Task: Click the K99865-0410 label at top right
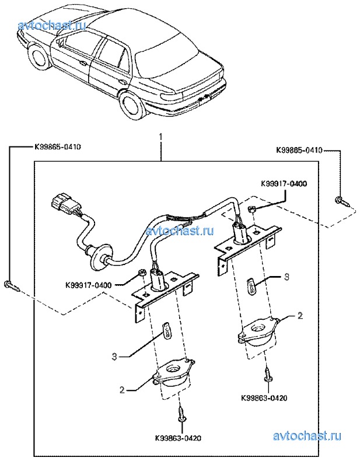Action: click(x=299, y=150)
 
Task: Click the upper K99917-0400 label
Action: click(x=283, y=184)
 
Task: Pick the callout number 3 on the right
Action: click(x=287, y=277)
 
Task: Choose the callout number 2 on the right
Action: click(x=300, y=316)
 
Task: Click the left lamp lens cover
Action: click(x=173, y=373)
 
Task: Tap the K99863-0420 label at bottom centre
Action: click(x=179, y=438)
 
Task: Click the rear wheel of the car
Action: click(x=134, y=106)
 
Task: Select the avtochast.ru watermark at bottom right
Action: click(x=307, y=436)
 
